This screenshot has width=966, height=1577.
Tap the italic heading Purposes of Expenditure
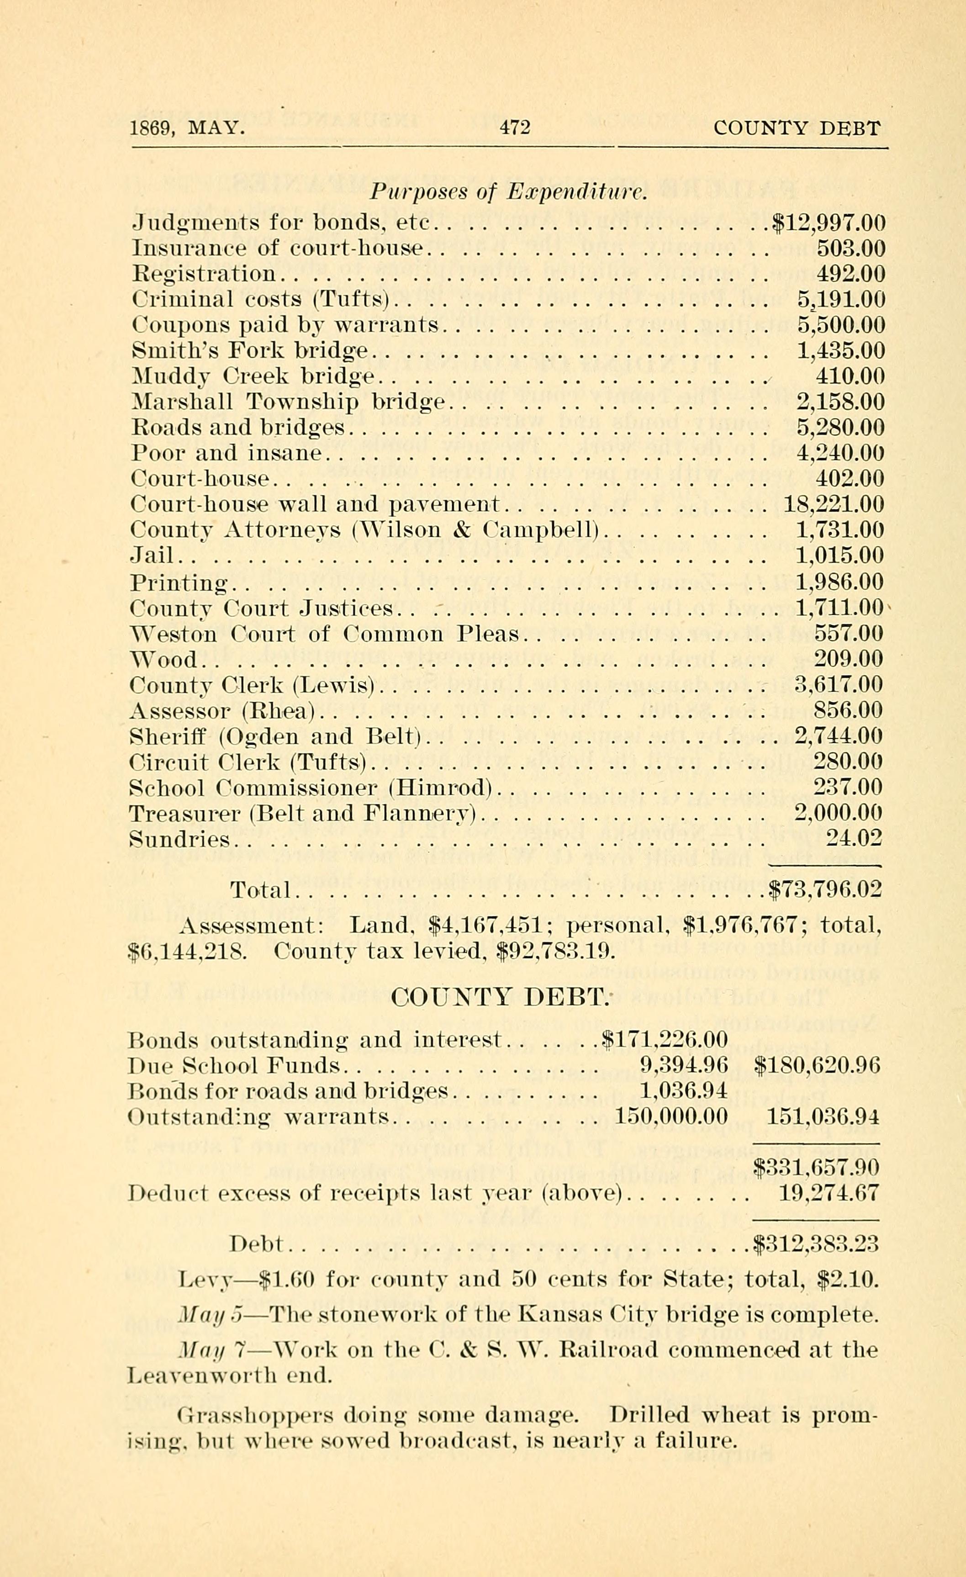pyautogui.click(x=510, y=191)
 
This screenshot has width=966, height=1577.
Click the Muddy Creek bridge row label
pyautogui.click(x=253, y=376)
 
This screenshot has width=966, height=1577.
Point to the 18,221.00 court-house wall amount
pyautogui.click(x=834, y=504)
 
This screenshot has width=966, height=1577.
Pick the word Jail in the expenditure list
pyautogui.click(x=152, y=556)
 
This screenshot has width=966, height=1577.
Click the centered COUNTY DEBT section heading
pyautogui.click(x=498, y=997)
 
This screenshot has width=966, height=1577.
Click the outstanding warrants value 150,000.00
pyautogui.click(x=671, y=1117)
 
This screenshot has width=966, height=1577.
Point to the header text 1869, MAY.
pyautogui.click(x=187, y=129)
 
